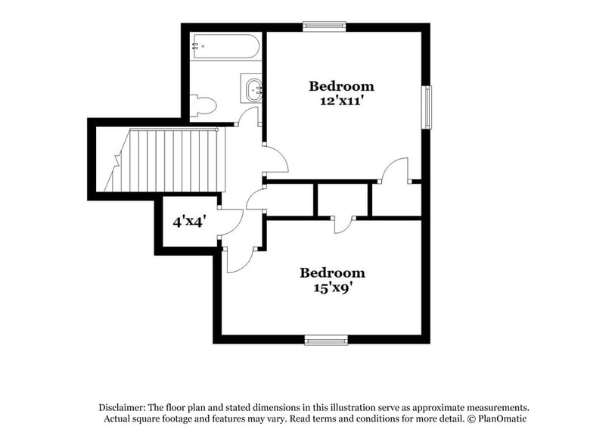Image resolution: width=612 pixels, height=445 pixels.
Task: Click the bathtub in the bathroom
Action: (x=225, y=47)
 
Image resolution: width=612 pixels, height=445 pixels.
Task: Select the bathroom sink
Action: (x=251, y=89)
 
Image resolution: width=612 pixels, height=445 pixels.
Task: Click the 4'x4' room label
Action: (x=189, y=222)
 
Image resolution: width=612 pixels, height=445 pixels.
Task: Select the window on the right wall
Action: (x=427, y=107)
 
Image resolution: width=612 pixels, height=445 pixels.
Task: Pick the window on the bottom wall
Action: (x=326, y=340)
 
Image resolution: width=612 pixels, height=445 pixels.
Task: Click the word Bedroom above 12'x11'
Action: (x=340, y=86)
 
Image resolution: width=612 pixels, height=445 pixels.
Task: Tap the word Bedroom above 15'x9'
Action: (x=332, y=272)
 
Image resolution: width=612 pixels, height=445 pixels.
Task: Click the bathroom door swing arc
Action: (x=247, y=117)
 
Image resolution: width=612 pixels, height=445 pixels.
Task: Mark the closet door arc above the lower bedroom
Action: (x=343, y=226)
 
